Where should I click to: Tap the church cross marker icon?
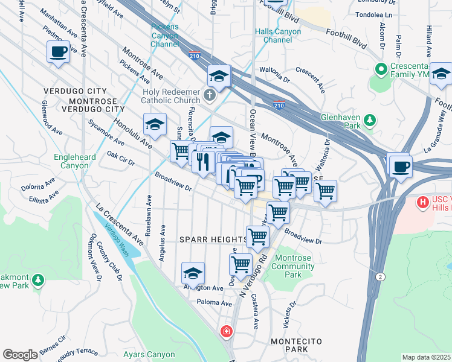(210, 95)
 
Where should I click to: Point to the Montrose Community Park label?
(293, 266)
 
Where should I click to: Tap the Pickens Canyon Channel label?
(165, 36)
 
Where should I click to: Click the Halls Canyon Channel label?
(278, 36)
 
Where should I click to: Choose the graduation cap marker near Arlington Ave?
(193, 273)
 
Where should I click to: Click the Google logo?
(20, 355)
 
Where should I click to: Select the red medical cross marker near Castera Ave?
(226, 331)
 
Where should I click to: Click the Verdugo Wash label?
(115, 238)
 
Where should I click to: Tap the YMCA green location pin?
(381, 69)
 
